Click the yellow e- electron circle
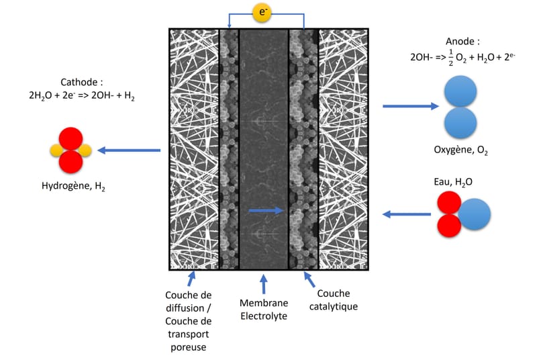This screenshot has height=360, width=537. point(262,11)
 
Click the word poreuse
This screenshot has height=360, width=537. point(189,347)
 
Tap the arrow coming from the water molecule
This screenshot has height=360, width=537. point(407,214)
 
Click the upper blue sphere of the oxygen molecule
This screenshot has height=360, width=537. point(460,93)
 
